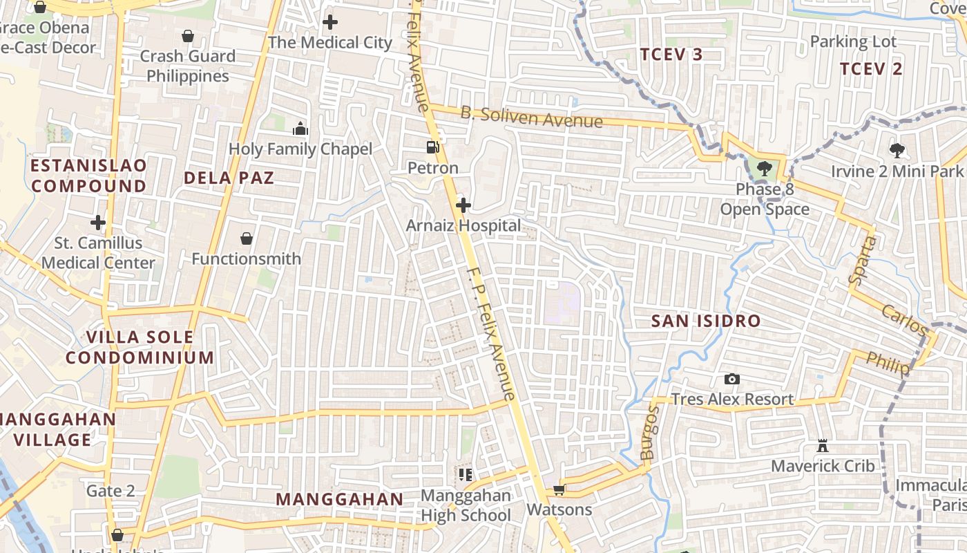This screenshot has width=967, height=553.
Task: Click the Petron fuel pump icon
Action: [x=432, y=147]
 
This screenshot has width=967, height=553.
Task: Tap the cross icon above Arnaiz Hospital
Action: [x=463, y=205]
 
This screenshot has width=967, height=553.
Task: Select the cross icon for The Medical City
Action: [x=330, y=22]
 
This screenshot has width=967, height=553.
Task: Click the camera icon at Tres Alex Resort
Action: [x=732, y=379]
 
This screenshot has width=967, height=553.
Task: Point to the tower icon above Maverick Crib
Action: [x=822, y=445]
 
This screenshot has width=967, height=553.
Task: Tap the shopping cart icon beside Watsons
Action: [x=559, y=489]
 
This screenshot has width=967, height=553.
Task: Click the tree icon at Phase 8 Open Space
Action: [x=764, y=168]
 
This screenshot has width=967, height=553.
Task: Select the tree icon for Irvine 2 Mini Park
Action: [x=897, y=149]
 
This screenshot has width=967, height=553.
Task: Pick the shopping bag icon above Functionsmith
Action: [x=247, y=238]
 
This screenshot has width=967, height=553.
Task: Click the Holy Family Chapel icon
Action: [x=300, y=129]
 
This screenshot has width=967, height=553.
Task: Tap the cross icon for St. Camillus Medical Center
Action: [x=98, y=223]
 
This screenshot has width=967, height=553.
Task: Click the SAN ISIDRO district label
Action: [x=706, y=321]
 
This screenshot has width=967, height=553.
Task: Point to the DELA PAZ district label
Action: [x=229, y=178]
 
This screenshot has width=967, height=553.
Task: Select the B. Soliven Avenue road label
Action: [x=531, y=118]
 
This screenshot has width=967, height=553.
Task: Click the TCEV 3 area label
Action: [x=671, y=55]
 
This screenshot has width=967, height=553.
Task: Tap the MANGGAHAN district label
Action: [x=339, y=499]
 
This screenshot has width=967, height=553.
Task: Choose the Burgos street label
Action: [x=651, y=433]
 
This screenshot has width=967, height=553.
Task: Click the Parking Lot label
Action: [x=853, y=41]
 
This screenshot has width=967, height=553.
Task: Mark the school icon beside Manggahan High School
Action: [x=465, y=475]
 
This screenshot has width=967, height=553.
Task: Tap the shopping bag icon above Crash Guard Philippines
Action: [x=187, y=36]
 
